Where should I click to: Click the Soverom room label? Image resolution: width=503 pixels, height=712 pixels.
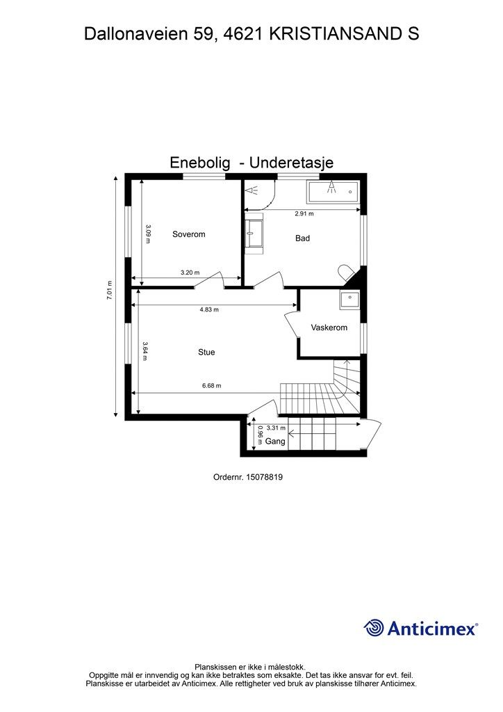188,234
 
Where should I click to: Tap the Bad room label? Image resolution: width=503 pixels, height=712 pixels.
302,238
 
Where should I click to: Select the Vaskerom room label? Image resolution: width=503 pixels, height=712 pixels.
329,327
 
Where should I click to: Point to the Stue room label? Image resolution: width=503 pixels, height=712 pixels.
206,353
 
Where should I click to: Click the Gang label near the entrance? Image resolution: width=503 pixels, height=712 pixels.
275,442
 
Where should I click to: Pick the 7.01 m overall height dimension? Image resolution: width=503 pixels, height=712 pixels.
110,290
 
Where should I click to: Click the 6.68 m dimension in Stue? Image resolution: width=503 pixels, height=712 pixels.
211,387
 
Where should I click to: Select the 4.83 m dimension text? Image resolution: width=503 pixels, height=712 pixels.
208,309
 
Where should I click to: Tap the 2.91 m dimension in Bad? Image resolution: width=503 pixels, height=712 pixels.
304,214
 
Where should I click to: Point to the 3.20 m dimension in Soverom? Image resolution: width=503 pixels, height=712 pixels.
190,273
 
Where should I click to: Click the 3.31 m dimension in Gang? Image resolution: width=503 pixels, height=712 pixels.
276,428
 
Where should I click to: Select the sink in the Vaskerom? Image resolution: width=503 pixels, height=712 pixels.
349,300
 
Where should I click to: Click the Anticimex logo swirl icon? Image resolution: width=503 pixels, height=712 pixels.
374,628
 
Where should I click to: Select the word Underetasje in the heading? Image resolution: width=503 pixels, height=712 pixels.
291,163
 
